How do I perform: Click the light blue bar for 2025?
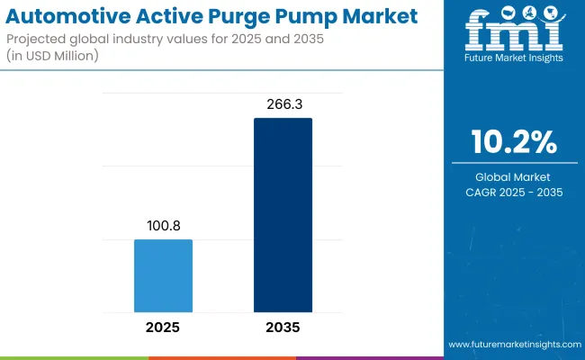coord(163,276)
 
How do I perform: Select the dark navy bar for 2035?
coord(283,216)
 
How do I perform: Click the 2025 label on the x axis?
coord(163,328)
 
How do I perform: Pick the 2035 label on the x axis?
coord(283,328)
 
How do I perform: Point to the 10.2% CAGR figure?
coord(513,142)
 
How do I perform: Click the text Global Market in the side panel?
coord(513,176)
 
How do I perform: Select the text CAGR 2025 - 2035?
coord(513,192)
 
